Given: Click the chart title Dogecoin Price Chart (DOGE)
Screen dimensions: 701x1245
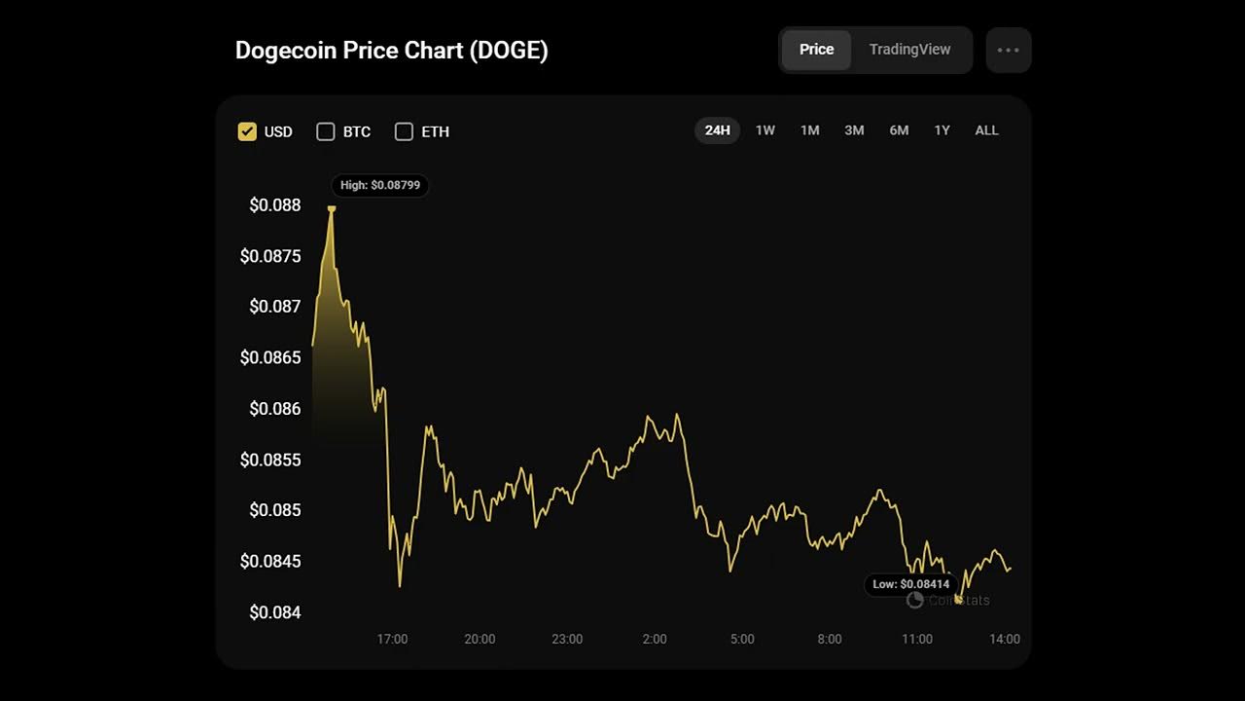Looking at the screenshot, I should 391,51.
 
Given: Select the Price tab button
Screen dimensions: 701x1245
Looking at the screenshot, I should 816,50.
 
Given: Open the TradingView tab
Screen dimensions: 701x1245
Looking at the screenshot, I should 909,50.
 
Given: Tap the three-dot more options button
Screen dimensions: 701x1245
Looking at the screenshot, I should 1008,50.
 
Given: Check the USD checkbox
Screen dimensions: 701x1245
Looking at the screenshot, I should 247,131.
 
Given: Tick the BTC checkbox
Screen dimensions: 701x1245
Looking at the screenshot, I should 326,131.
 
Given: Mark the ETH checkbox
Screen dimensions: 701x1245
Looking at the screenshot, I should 404,131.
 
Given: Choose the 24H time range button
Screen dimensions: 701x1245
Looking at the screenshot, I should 717,130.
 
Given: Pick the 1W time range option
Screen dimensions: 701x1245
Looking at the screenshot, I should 765,130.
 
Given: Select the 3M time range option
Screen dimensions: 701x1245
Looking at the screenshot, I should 854,130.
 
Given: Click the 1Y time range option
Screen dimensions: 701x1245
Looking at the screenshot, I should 942,130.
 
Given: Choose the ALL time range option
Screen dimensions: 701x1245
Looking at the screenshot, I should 986,130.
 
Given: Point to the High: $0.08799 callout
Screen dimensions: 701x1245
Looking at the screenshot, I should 379,185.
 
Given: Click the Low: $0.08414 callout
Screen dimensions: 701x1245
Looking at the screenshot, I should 910,584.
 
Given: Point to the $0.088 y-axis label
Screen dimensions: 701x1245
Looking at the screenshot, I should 275,205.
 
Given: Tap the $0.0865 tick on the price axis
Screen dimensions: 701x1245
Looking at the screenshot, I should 270,357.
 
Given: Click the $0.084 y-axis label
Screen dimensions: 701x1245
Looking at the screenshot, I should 275,612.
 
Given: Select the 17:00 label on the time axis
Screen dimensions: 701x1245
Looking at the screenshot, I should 392,640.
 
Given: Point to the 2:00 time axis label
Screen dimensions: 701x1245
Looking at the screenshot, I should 655,640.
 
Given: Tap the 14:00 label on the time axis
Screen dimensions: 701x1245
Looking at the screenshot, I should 1005,640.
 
